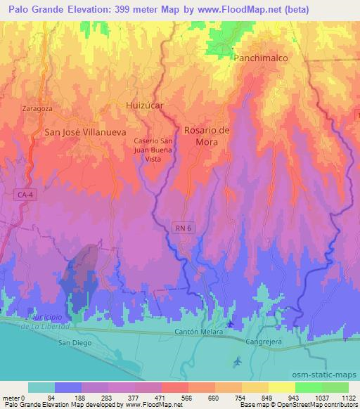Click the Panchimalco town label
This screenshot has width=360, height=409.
click(261, 59)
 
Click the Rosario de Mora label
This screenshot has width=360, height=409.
click(207, 136)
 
